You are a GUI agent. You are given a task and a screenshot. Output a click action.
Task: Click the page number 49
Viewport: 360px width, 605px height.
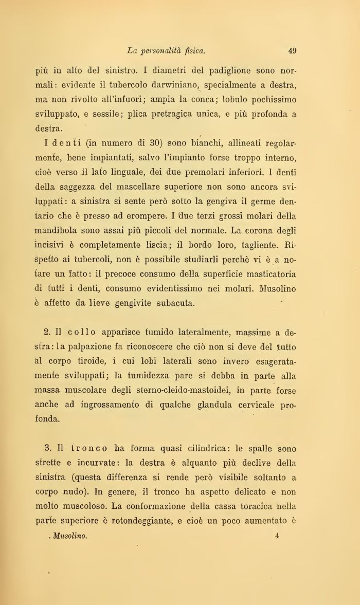tap(292, 50)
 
